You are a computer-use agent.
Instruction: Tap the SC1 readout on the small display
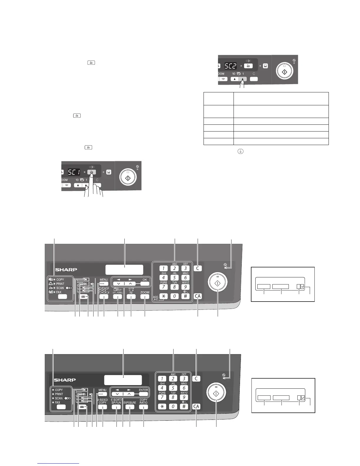(74, 172)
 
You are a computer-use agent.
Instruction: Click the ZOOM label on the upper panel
(145, 292)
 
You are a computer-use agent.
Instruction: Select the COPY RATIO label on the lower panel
(144, 401)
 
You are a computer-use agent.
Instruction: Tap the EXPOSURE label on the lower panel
(130, 403)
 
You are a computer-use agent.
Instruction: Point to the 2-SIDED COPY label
(103, 401)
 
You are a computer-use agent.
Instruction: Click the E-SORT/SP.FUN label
(116, 401)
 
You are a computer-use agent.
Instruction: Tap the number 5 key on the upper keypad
(174, 277)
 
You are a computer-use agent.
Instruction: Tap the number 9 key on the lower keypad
(184, 397)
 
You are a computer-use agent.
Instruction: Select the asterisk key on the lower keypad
(162, 407)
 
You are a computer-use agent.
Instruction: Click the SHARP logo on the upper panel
(66, 269)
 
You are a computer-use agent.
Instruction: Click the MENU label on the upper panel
(104, 280)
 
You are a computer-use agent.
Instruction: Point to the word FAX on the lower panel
(58, 402)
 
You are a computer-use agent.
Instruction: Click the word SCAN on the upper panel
(60, 288)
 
